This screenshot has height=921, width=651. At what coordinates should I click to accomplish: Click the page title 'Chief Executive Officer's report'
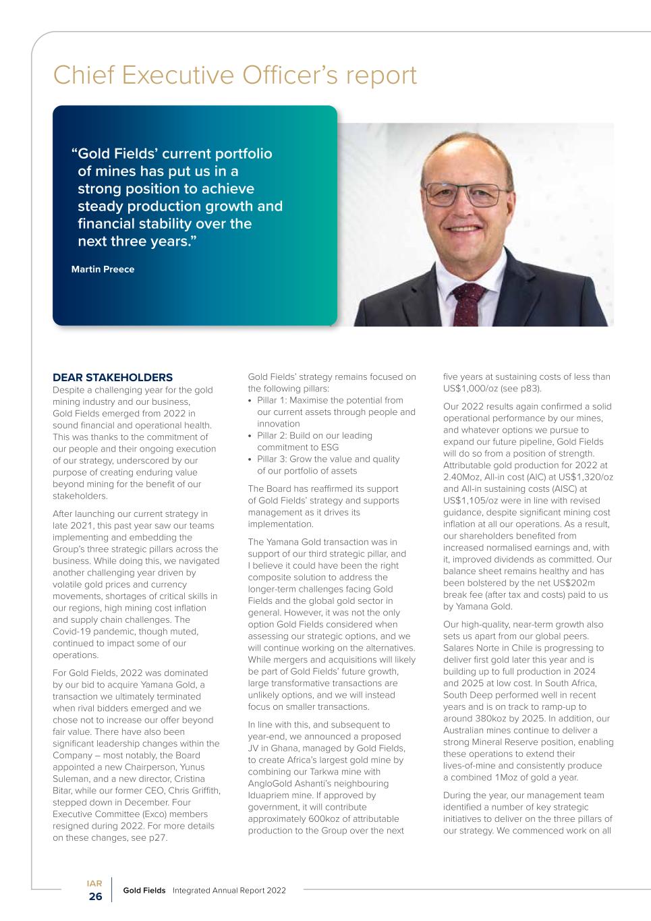tap(235, 76)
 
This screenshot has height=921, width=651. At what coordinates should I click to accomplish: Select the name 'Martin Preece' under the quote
tap(103, 269)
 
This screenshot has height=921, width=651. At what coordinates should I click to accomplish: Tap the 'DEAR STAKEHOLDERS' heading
tap(113, 377)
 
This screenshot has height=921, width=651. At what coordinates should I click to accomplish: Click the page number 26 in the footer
tap(96, 897)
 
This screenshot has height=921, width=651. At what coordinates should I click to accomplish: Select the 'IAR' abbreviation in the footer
tap(94, 883)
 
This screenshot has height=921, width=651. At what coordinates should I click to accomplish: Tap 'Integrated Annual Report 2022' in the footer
tap(229, 891)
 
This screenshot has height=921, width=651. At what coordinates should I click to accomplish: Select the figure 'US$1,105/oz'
tap(471, 500)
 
